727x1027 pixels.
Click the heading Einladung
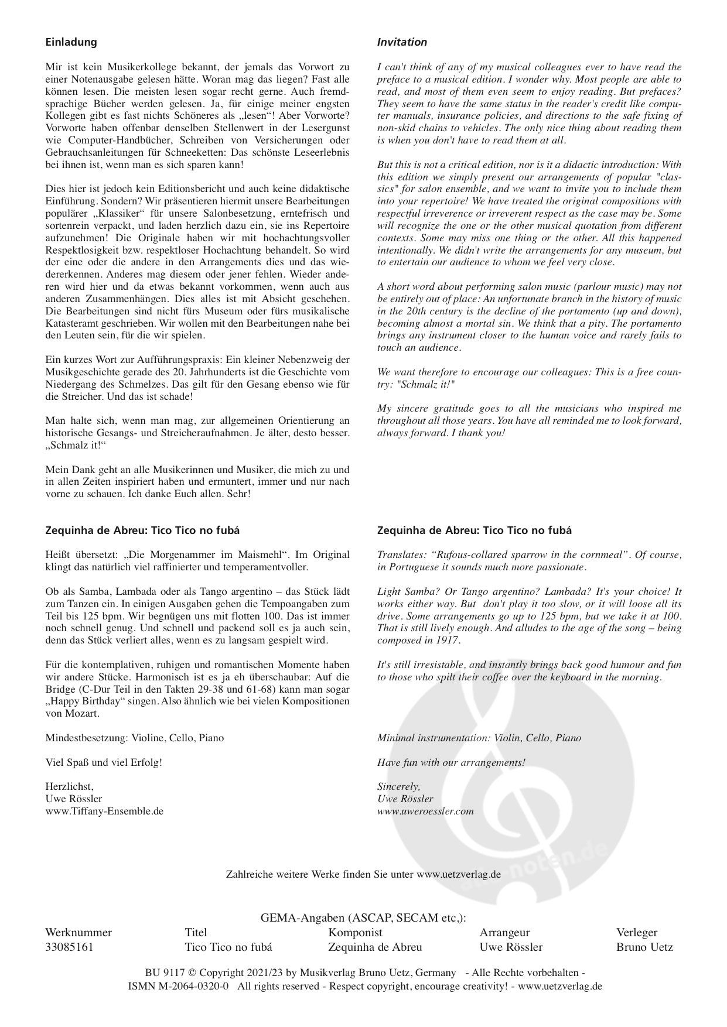coord(71,42)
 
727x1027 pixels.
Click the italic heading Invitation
coord(402,42)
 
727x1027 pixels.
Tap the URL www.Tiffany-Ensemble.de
coord(104,811)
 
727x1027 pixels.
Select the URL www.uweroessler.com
coord(425,811)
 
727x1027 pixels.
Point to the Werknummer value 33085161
coord(69,947)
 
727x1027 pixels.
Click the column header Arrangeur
coord(504,933)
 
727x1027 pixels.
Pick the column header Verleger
coord(637,933)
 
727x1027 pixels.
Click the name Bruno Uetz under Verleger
coord(644,947)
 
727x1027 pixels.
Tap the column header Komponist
coord(355,933)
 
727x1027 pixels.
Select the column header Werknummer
coord(78,933)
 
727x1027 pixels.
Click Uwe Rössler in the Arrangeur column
coord(511,947)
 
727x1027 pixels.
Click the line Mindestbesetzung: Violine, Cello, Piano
coord(135,738)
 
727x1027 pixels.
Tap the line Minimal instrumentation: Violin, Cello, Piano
coord(479,738)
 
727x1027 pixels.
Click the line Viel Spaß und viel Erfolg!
coord(104,762)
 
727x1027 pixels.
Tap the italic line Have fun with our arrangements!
coord(451,762)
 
